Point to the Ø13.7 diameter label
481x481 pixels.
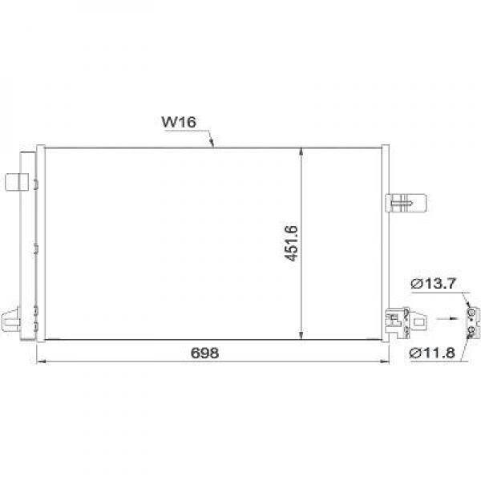tap(433, 283)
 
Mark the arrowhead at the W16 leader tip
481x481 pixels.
tap(212, 145)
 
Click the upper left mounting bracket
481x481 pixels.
tap(16, 182)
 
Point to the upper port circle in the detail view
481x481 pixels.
tap(472, 313)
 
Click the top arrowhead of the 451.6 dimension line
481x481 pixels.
tap(301, 152)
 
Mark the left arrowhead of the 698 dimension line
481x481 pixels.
tap(41, 362)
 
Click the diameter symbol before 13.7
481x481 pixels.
tap(417, 283)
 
